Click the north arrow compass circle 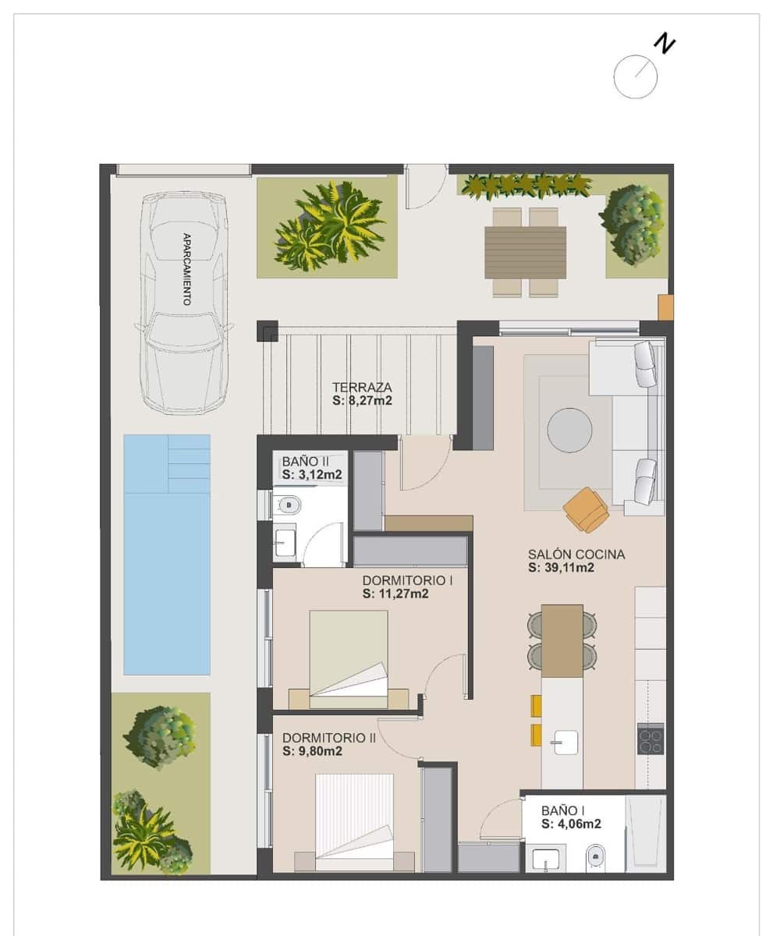coord(635,77)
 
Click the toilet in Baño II coord(289,505)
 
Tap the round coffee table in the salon coord(569,430)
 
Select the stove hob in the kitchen coord(651,739)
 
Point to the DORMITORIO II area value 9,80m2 coord(313,751)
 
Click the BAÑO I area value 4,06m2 coord(571,823)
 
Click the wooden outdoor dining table coord(525,252)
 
